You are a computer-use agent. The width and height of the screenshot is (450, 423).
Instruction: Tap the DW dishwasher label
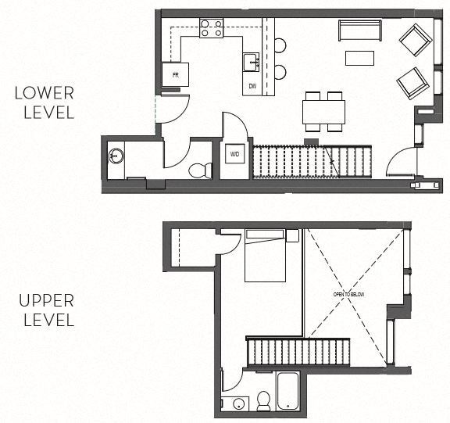pyautogui.click(x=252, y=85)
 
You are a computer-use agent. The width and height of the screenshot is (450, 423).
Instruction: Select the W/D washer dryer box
pyautogui.click(x=234, y=154)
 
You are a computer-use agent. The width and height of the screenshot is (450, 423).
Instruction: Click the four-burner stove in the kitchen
pyautogui.click(x=211, y=29)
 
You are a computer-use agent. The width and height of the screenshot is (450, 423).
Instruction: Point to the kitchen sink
pyautogui.click(x=251, y=61)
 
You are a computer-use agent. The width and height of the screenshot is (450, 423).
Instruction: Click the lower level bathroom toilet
pyautogui.click(x=202, y=169)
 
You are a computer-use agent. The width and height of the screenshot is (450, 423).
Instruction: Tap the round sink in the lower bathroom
pyautogui.click(x=116, y=156)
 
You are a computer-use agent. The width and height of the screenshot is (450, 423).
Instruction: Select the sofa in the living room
pyautogui.click(x=359, y=30)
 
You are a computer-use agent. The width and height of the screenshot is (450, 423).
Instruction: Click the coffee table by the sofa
pyautogui.click(x=360, y=58)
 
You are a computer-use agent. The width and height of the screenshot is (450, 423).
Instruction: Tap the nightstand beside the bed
pyautogui.click(x=292, y=235)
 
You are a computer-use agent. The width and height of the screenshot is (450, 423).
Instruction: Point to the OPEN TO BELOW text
pyautogui.click(x=348, y=294)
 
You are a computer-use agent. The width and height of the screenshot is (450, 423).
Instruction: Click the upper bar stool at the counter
pyautogui.click(x=280, y=46)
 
